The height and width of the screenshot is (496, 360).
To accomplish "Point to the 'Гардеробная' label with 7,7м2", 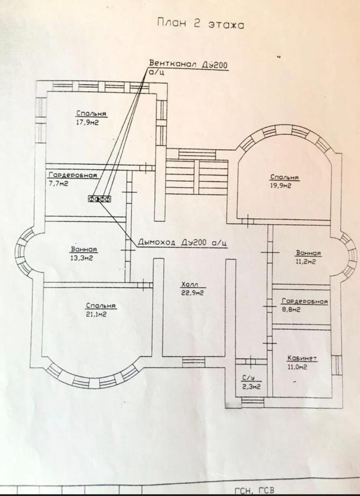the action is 73,175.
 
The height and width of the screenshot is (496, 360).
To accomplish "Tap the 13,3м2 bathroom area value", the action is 81,258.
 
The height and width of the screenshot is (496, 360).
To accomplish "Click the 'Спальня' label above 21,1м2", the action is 101,306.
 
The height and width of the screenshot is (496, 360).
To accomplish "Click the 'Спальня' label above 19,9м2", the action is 284,177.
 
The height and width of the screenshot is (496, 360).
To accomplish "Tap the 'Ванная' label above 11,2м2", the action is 309,253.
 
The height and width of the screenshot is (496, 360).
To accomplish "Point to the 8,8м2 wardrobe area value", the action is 291,310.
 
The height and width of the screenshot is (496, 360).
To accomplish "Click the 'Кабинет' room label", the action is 302,358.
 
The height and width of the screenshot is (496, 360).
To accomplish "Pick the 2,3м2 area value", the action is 251,387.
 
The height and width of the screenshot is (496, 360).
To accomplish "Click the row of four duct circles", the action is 99,198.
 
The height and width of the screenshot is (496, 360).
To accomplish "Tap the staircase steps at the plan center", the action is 196,177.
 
